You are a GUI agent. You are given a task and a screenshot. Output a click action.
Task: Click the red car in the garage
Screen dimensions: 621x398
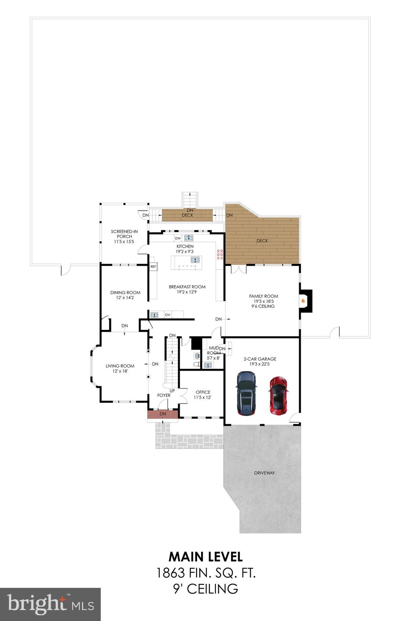(278, 395)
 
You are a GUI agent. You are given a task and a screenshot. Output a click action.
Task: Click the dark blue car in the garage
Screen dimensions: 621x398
(246, 393)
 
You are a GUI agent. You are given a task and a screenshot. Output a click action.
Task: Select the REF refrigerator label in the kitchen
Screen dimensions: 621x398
(153, 267)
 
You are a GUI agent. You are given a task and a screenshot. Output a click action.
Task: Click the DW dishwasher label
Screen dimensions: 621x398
(178, 238)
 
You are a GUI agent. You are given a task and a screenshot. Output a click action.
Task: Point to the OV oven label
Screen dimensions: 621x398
(167, 315)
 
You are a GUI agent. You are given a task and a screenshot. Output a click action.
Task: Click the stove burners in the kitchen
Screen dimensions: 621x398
(220, 254)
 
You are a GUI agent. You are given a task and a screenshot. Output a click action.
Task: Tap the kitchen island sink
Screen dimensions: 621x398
(195, 260)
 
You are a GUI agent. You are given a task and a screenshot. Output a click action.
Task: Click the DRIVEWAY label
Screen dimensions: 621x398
(264, 473)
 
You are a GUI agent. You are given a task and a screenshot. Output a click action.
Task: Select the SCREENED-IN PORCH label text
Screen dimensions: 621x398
(124, 234)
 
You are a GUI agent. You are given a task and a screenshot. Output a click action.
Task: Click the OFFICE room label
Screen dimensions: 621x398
(203, 392)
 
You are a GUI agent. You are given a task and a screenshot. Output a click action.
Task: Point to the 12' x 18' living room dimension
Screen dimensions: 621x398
(120, 371)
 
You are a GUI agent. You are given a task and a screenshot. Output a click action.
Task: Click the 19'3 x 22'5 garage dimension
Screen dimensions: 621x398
(260, 364)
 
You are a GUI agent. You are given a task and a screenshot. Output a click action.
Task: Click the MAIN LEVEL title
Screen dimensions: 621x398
(205, 557)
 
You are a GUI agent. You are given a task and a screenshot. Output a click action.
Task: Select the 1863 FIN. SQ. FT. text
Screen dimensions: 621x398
(205, 572)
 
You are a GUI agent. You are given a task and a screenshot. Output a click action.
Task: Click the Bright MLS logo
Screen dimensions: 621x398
(50, 604)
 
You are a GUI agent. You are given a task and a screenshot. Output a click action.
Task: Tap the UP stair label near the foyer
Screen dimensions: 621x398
(172, 391)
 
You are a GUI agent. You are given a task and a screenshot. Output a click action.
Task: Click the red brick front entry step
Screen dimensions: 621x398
(163, 414)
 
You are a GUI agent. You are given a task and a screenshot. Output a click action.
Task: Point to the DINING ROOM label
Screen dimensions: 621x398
(125, 292)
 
